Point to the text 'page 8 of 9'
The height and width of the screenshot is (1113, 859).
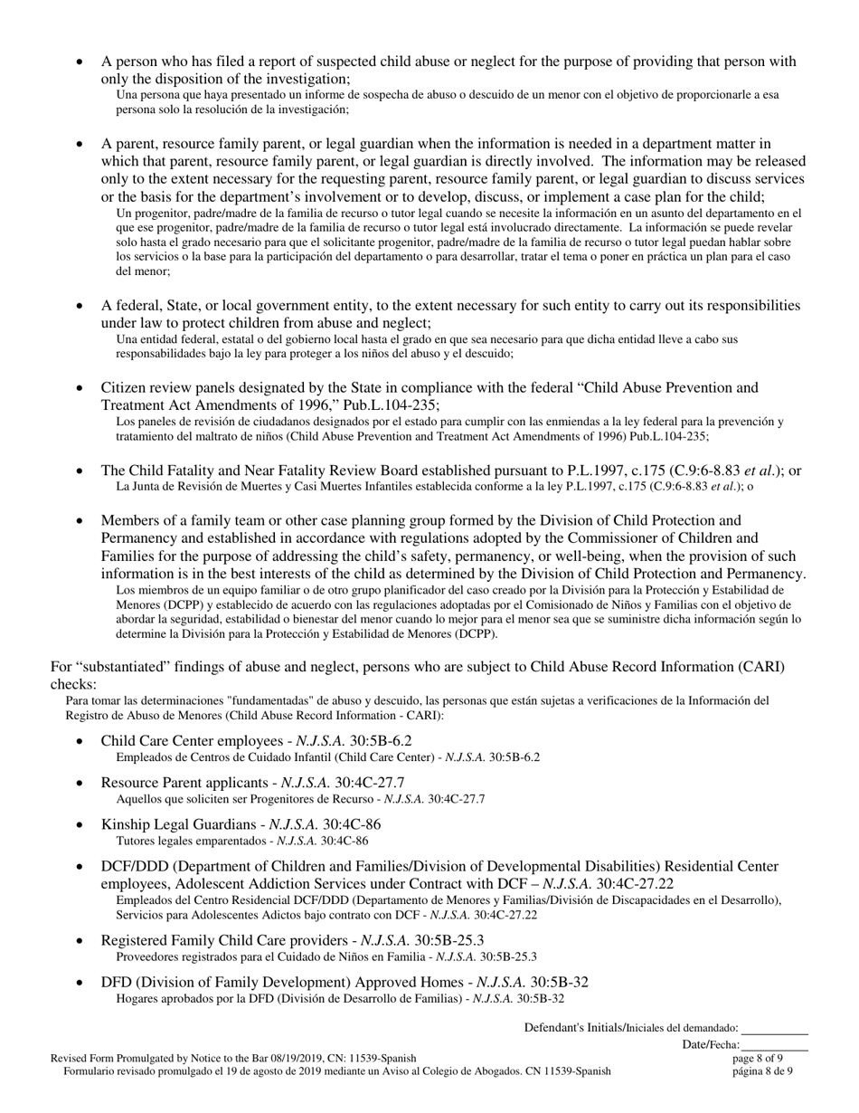pyautogui.click(x=758, y=1057)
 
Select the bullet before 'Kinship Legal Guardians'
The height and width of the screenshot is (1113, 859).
pyautogui.click(x=80, y=824)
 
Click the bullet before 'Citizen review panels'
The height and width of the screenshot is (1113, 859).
pyautogui.click(x=80, y=388)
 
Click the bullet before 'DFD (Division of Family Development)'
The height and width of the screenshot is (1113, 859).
pyautogui.click(x=80, y=983)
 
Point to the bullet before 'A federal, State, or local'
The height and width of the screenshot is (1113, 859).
pyautogui.click(x=80, y=306)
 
